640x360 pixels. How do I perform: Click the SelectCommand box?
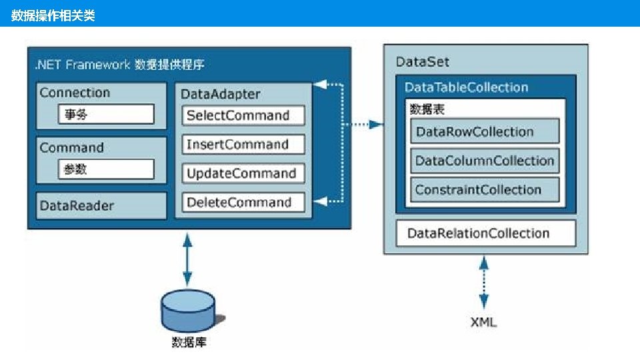[243, 115]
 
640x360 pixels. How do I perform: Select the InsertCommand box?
[243, 145]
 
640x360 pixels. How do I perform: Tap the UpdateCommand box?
[243, 174]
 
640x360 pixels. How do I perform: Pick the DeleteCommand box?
[243, 203]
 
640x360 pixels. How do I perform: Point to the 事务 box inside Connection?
[105, 115]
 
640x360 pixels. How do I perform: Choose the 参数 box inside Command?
[105, 169]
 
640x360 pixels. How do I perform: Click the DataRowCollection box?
[484, 131]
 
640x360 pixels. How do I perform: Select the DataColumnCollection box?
[484, 161]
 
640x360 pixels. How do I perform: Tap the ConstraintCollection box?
[484, 190]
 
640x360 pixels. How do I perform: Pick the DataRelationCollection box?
[485, 233]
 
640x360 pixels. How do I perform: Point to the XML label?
[483, 323]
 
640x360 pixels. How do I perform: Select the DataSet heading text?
[423, 62]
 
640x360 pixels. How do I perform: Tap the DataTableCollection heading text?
[466, 87]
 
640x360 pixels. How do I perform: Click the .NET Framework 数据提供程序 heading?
[120, 65]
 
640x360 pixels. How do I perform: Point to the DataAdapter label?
[221, 95]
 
